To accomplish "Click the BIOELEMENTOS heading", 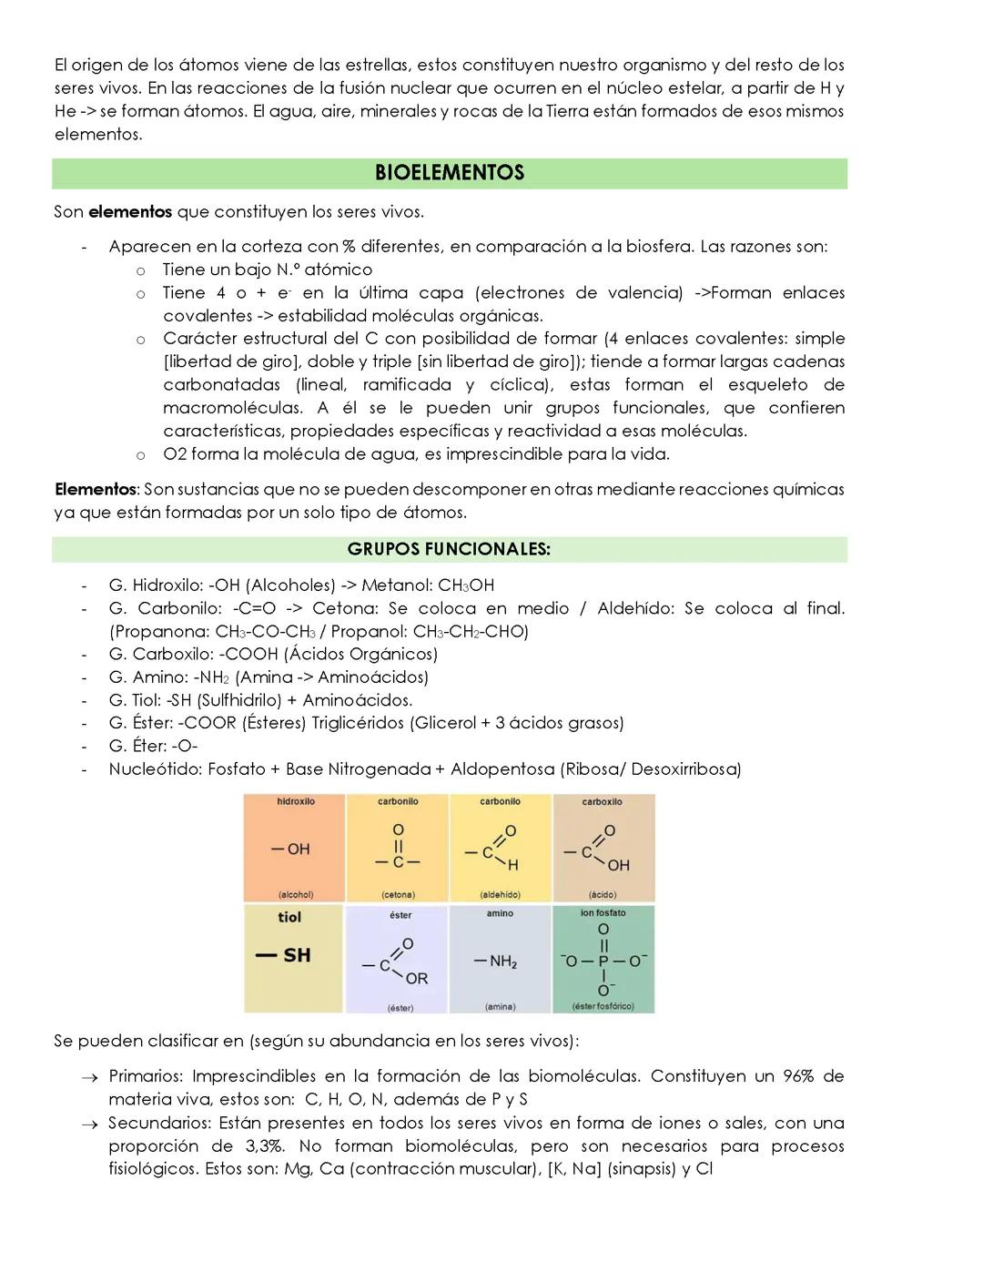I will click(x=449, y=173).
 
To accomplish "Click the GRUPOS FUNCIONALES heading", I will click(x=449, y=549).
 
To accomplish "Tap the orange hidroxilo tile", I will click(x=294, y=848).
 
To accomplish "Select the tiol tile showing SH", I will click(x=294, y=958).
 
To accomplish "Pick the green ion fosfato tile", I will click(x=603, y=958).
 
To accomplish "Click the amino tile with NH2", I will click(x=500, y=958).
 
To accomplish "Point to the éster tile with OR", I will click(x=398, y=958).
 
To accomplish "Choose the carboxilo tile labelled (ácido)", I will click(x=603, y=848).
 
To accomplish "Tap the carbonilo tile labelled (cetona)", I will click(x=398, y=848).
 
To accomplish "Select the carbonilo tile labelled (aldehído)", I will click(x=500, y=848).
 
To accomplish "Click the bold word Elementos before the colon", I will click(x=94, y=489).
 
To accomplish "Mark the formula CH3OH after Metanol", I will click(x=466, y=585).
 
